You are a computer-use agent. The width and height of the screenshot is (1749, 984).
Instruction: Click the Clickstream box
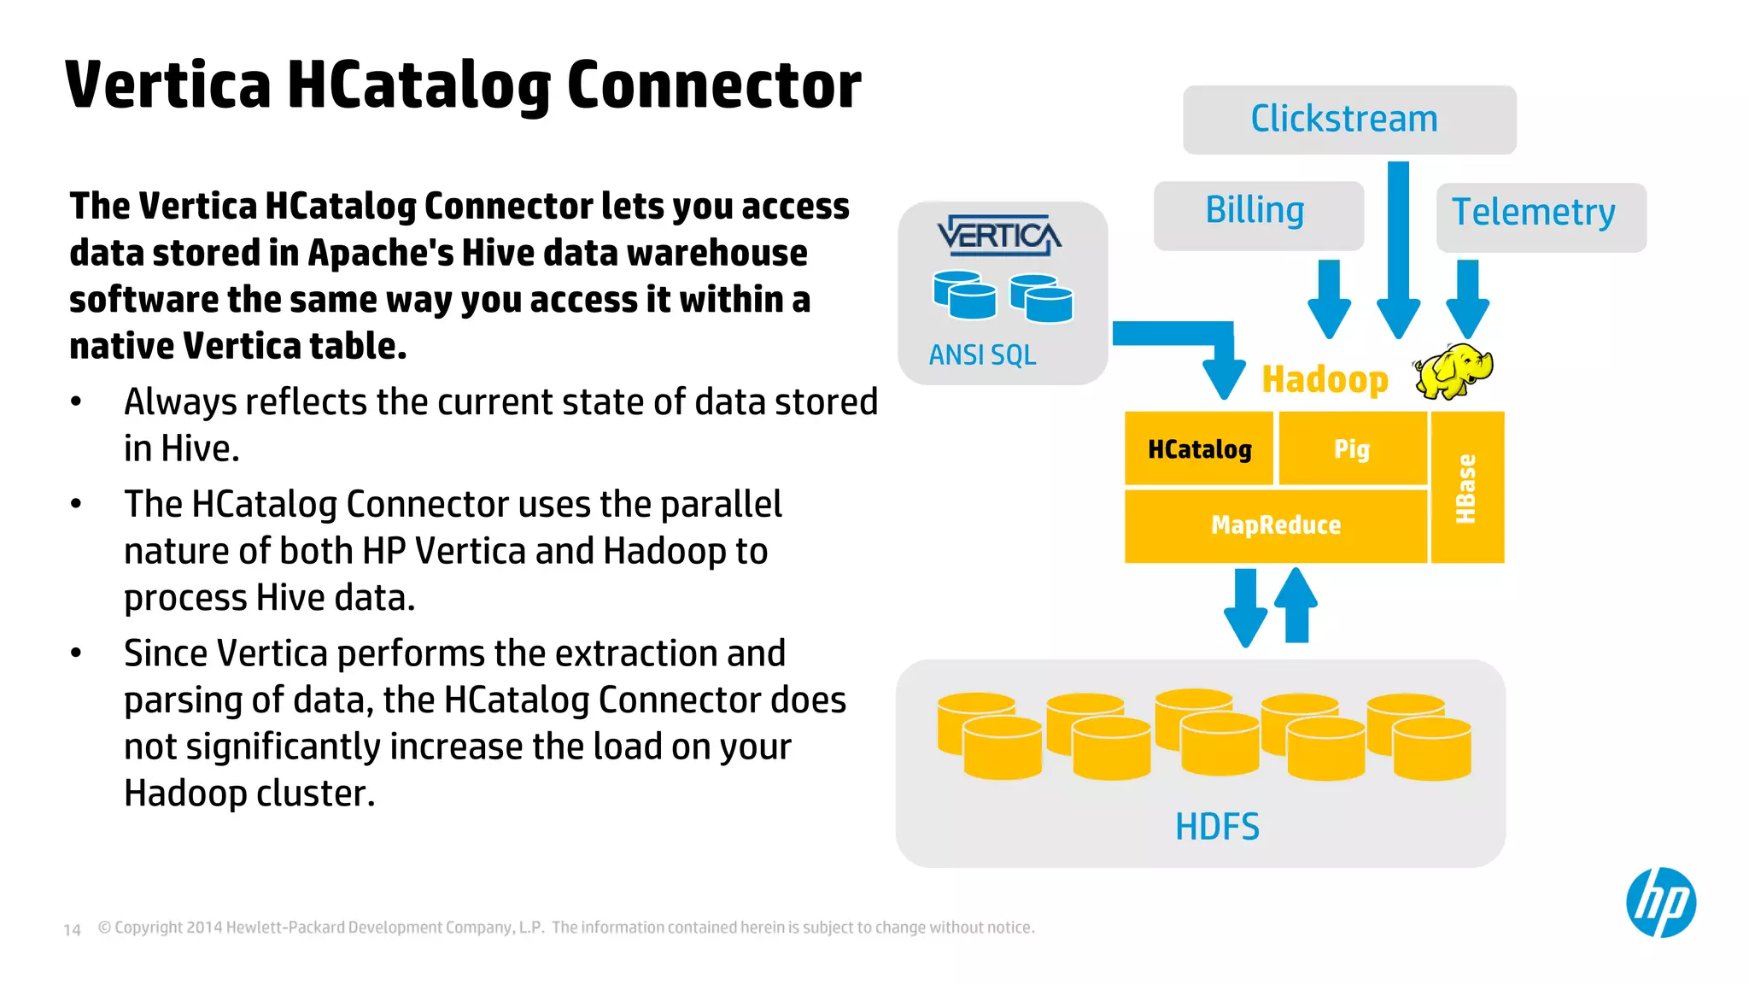pyautogui.click(x=1348, y=120)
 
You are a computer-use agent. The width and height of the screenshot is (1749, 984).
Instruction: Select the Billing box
pyautogui.click(x=1257, y=214)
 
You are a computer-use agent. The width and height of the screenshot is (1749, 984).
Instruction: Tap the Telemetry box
pyautogui.click(x=1540, y=216)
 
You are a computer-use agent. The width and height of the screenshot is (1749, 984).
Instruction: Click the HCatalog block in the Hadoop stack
pyautogui.click(x=1199, y=449)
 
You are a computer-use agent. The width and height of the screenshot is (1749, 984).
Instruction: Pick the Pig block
pyautogui.click(x=1352, y=449)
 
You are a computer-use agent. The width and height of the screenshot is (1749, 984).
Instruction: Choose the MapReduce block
pyautogui.click(x=1276, y=524)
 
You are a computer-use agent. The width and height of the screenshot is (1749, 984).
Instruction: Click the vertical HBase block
pyautogui.click(x=1466, y=488)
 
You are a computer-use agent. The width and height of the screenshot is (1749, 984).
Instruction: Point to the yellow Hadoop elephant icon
pyautogui.click(x=1453, y=371)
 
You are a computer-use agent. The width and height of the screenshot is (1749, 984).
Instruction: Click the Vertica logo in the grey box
pyautogui.click(x=999, y=235)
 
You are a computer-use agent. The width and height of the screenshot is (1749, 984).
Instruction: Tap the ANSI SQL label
pyautogui.click(x=982, y=354)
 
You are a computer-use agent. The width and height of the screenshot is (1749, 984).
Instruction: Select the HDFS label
pyautogui.click(x=1217, y=826)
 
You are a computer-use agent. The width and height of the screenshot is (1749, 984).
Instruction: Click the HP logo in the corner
pyautogui.click(x=1660, y=902)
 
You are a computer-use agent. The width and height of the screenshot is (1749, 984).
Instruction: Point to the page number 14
pyautogui.click(x=73, y=929)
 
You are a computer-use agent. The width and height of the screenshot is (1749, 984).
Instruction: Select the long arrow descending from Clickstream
pyautogui.click(x=1398, y=248)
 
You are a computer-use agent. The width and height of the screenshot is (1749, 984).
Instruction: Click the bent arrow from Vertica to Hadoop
pyautogui.click(x=1187, y=337)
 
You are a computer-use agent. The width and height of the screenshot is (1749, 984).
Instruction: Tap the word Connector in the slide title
pyautogui.click(x=714, y=85)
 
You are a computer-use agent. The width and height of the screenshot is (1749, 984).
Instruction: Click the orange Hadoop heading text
pyautogui.click(x=1325, y=379)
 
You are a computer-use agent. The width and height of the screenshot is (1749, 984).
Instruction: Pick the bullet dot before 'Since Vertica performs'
pyautogui.click(x=76, y=653)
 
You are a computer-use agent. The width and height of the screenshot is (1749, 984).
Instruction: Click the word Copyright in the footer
pyautogui.click(x=149, y=928)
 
